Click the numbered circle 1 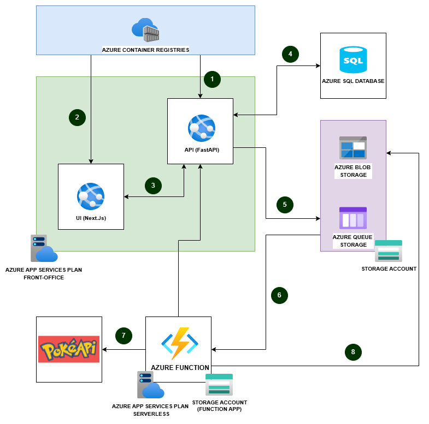[211, 79]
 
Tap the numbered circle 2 [78, 117]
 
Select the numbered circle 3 [154, 186]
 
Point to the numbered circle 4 [290, 54]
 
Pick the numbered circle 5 [285, 205]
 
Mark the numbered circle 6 [279, 295]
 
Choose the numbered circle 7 [124, 336]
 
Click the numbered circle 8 [353, 352]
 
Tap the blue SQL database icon [353, 59]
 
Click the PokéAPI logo [69, 349]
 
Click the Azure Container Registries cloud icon [145, 30]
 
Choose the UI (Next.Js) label [91, 218]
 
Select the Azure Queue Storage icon [353, 218]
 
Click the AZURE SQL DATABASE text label [353, 81]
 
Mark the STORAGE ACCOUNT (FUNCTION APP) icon [219, 384]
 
